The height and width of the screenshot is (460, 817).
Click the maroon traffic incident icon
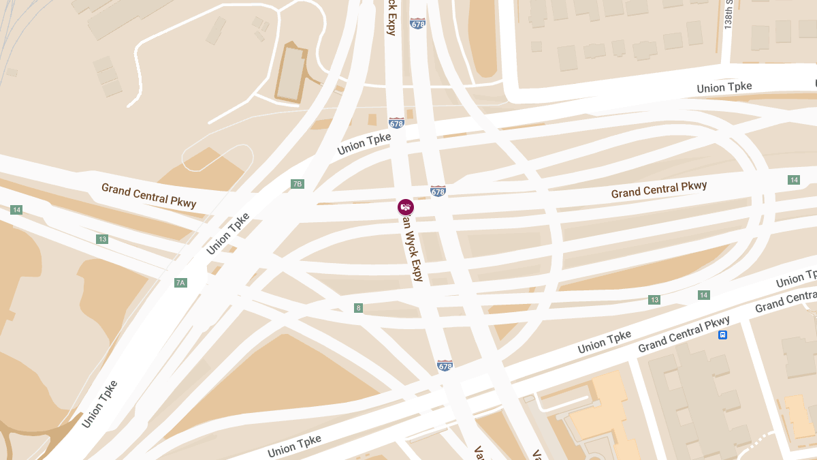coord(406,206)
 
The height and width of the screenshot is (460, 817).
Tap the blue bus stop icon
coord(722,335)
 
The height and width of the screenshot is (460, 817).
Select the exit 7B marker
coord(297,184)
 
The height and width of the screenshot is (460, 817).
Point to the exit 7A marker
coord(180,283)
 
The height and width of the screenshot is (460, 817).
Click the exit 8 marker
coord(358,308)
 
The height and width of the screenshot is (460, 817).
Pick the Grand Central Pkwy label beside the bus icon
coord(684,335)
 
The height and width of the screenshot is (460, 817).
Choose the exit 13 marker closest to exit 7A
coord(102,239)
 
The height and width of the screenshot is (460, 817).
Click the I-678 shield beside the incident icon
coord(438,191)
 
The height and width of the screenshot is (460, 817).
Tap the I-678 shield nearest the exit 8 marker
coord(445,365)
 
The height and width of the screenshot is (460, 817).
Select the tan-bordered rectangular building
coord(293,74)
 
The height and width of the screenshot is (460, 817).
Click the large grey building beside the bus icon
coord(694,395)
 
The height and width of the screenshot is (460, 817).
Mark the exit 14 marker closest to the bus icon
coord(704,295)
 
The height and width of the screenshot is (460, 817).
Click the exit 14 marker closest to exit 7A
coord(16,210)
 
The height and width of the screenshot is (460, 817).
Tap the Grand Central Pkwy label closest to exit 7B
coord(148,194)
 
